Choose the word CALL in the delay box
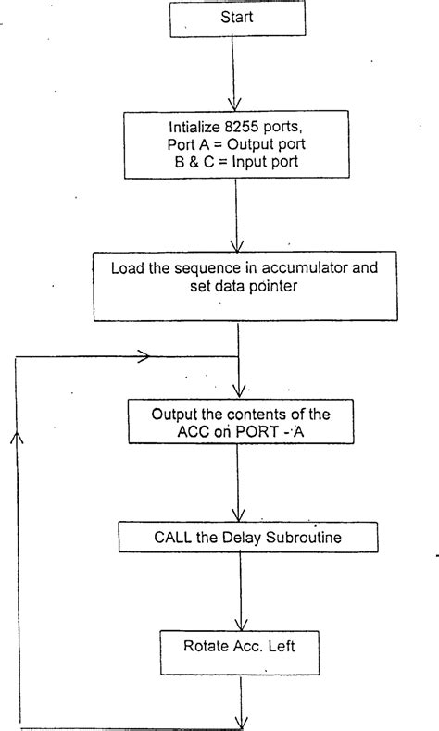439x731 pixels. click(x=150, y=535)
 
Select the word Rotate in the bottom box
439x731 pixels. click(x=197, y=644)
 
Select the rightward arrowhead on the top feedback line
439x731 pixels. click(x=144, y=355)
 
